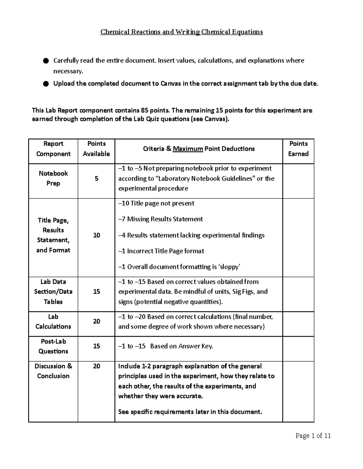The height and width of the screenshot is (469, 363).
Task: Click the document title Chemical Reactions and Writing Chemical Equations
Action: (181, 32)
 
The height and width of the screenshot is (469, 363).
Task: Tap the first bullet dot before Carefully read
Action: (46, 61)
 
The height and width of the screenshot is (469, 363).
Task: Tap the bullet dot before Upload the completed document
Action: (46, 84)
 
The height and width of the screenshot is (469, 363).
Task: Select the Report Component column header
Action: (53, 149)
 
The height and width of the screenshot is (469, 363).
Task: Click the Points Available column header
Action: (96, 149)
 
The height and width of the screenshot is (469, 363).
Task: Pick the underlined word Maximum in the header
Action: (188, 149)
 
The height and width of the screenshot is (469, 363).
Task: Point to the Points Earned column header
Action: (298, 149)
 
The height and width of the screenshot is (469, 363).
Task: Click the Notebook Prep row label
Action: (53, 178)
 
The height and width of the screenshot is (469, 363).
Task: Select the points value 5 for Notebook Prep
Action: (96, 178)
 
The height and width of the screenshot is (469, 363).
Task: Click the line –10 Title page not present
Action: (156, 203)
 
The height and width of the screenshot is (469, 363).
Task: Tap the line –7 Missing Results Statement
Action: (160, 219)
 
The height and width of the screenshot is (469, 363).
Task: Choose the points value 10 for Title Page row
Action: (96, 235)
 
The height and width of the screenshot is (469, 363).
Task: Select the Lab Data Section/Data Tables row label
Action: (53, 291)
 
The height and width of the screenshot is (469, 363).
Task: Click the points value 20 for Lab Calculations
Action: (96, 321)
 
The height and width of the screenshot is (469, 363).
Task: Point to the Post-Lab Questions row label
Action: (53, 346)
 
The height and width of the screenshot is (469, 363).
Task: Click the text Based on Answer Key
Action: (181, 346)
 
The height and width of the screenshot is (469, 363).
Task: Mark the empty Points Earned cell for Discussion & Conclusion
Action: (298, 391)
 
